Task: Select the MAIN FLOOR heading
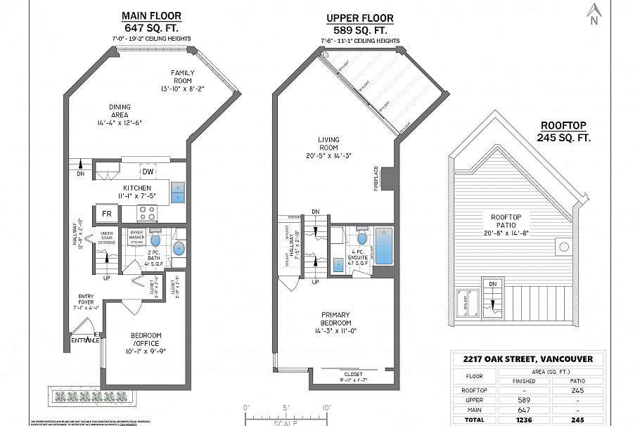(x=151, y=15)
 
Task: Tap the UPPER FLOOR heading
(x=359, y=18)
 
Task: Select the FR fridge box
(x=108, y=213)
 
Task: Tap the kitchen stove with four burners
(x=148, y=213)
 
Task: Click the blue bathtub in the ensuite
(x=383, y=247)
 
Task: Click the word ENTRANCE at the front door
(x=85, y=341)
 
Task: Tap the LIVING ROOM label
(x=328, y=143)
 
